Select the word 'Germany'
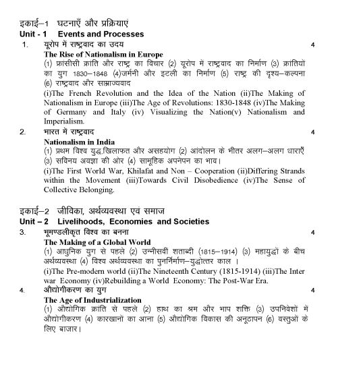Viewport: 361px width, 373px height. click(67, 111)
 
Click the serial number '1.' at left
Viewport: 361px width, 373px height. click(25, 45)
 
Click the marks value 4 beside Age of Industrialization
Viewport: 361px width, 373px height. click(312, 290)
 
